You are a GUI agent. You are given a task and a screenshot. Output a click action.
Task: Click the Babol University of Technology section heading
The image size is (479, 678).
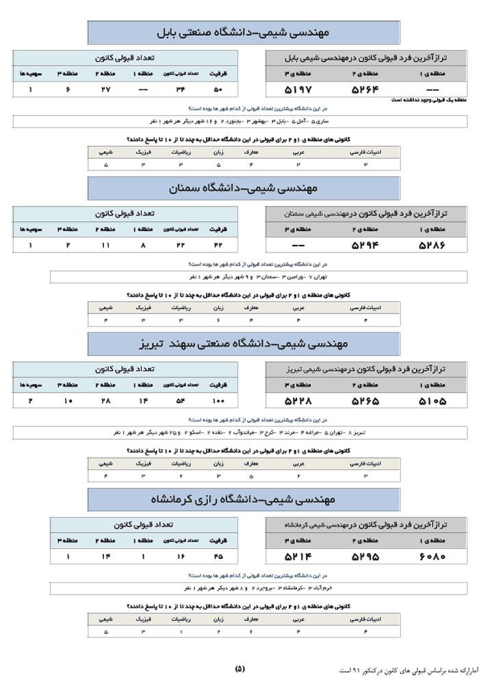(244, 32)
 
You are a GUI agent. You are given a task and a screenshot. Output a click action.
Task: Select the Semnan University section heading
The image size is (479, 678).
(244, 187)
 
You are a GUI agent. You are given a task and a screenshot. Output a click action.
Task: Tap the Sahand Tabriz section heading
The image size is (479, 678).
(244, 342)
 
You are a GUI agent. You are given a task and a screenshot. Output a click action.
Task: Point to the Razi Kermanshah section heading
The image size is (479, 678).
(244, 499)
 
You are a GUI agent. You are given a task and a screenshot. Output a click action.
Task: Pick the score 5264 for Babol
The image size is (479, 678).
(365, 90)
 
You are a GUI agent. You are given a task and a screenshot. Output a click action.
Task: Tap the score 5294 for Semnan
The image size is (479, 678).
(365, 244)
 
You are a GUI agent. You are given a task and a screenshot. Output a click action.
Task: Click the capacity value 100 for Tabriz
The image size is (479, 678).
(218, 400)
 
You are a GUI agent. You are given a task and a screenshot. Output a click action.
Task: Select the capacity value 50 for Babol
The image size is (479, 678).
(218, 90)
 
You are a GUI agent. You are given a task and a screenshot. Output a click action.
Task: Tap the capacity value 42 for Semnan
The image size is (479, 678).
(218, 244)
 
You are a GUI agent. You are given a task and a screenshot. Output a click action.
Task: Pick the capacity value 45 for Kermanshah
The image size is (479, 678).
(218, 557)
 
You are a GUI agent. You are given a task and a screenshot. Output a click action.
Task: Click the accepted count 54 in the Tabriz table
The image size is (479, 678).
(181, 400)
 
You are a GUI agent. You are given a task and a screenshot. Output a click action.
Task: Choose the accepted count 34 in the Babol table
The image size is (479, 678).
(181, 90)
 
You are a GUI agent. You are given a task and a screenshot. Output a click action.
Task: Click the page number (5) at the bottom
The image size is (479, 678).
(239, 668)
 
